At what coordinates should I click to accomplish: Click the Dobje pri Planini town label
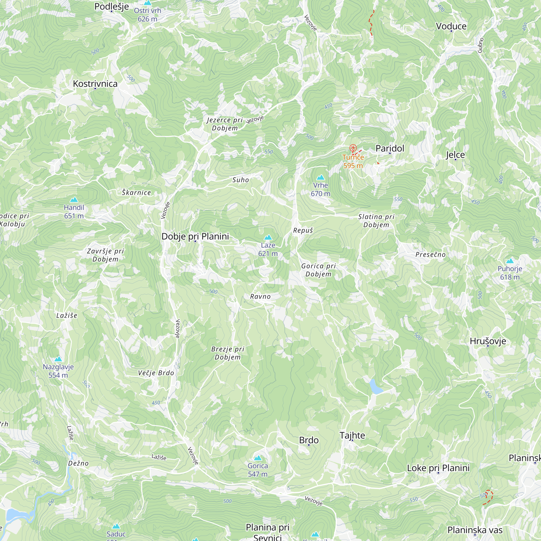click(x=195, y=236)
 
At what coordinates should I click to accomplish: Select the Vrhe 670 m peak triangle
click(x=320, y=177)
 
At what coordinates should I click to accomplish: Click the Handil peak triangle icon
click(x=74, y=200)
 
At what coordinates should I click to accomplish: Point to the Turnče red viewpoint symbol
click(x=353, y=148)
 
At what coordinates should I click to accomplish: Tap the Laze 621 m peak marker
click(x=268, y=237)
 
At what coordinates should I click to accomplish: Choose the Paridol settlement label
click(x=390, y=148)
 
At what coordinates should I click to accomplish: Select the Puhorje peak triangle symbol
click(x=510, y=261)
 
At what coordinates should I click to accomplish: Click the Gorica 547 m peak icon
click(x=258, y=458)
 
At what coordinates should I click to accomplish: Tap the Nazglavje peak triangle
click(x=58, y=359)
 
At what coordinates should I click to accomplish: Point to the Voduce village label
click(x=451, y=26)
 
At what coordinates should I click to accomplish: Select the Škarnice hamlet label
click(x=136, y=192)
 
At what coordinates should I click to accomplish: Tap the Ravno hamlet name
click(x=260, y=296)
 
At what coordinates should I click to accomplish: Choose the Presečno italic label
click(x=430, y=255)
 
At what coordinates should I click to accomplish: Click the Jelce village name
click(x=455, y=154)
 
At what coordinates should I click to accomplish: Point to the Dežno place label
click(x=78, y=463)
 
